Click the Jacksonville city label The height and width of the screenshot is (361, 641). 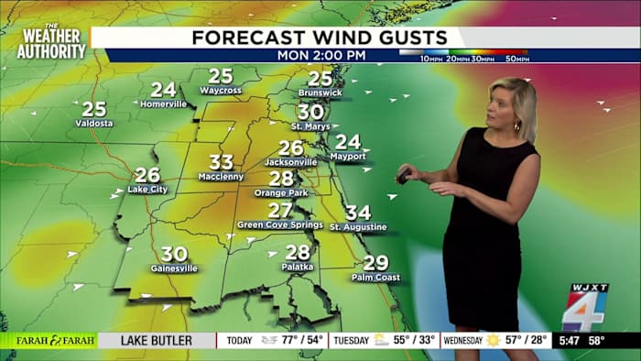(290, 162)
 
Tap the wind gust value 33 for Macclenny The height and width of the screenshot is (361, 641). (221, 163)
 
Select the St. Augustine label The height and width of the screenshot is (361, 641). (358, 226)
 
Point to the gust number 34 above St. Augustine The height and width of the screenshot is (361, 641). (358, 213)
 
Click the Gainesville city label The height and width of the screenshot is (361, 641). (174, 268)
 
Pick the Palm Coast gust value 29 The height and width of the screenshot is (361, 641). (375, 263)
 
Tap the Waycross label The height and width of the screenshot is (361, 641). (221, 91)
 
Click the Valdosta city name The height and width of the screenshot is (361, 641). (94, 123)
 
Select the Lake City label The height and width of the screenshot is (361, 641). (147, 189)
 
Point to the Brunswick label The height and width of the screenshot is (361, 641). (320, 93)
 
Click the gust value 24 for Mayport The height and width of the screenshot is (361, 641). (348, 142)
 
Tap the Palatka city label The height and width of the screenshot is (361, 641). (298, 267)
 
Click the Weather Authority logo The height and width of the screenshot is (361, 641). (51, 42)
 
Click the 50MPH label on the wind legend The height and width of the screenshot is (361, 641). (517, 59)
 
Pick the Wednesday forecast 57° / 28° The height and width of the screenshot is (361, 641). (517, 341)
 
